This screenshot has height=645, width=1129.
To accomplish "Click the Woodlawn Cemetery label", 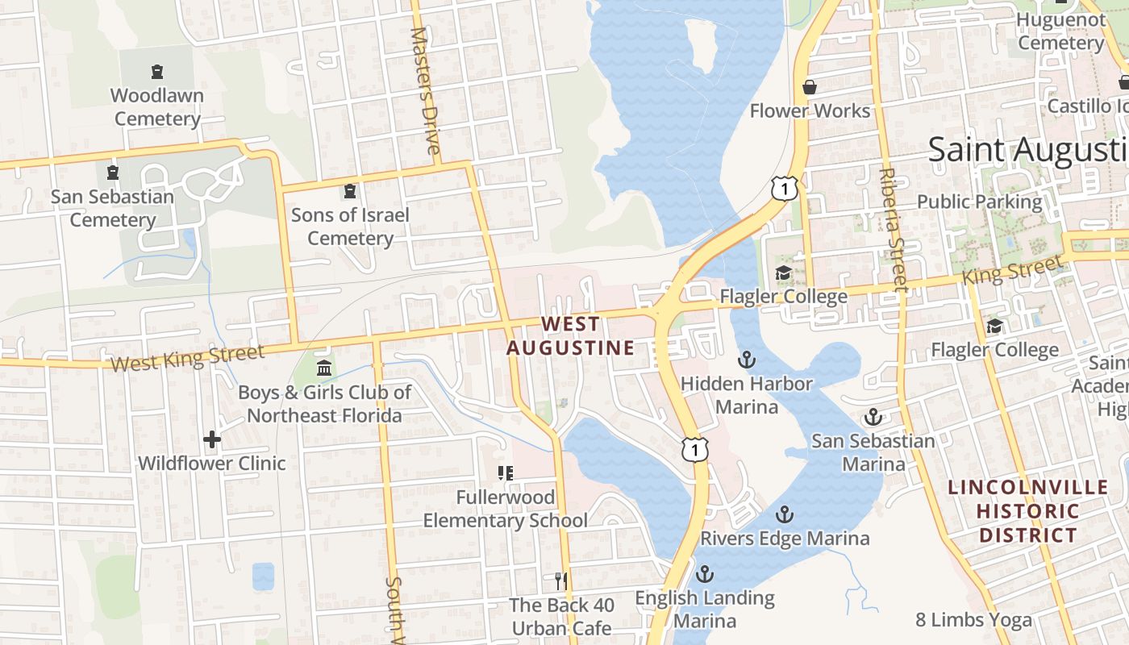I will pos(156,106).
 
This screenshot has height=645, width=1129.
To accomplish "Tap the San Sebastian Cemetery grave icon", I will pos(113,172).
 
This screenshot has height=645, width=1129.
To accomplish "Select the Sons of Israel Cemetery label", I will pos(350,227).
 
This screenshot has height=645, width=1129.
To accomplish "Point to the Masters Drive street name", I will pos(427,91).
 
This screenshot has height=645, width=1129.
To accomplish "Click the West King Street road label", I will pos(187,358).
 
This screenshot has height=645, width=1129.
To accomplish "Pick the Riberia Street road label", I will pos(893,229).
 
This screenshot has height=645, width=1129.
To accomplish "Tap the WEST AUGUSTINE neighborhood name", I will pos(570,336).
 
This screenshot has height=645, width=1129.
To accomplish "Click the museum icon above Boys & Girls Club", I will pos(323,368).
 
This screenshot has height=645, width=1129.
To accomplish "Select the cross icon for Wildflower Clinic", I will pos(212,439).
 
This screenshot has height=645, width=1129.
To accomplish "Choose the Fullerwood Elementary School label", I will pos(506,509).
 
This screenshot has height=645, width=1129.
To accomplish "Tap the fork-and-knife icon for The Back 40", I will pos(561,580).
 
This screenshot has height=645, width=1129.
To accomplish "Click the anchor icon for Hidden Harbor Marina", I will pos(747,359).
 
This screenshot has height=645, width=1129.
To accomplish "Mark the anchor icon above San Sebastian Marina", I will pos(873,417).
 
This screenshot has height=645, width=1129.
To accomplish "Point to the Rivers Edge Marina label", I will pos(785,538).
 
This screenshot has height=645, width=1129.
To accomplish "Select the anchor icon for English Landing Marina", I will pos(705,574).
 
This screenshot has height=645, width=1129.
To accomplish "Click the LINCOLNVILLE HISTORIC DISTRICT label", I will pos(1027,511).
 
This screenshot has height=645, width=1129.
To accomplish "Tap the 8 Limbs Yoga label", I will pos(973,620).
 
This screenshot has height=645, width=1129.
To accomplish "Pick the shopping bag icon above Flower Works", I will pos(810,87).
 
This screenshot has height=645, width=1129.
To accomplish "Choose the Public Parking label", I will pos(979,202).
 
